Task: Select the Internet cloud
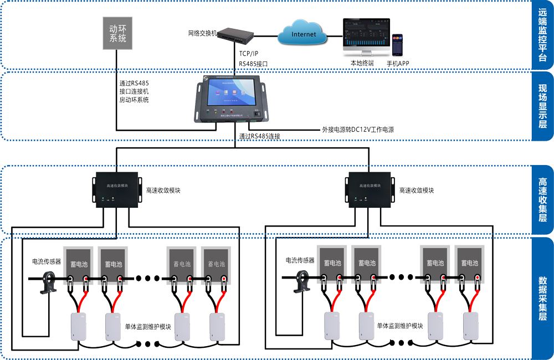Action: (x=304, y=34)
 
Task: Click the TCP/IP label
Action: (x=249, y=53)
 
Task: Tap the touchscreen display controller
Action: (x=231, y=100)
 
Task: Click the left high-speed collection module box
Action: (x=116, y=190)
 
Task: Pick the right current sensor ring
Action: (x=303, y=279)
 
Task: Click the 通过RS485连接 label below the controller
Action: (x=260, y=136)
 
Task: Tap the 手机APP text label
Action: (x=398, y=64)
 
